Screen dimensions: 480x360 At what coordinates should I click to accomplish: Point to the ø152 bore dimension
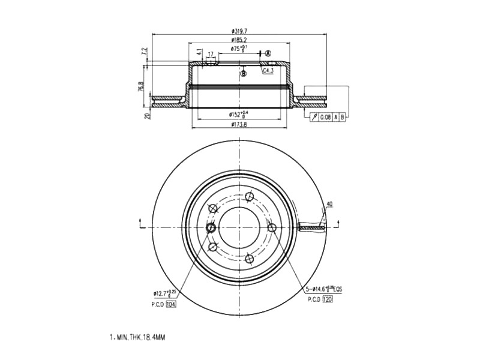tap(238, 114)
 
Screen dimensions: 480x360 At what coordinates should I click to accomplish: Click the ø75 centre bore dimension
tap(239, 49)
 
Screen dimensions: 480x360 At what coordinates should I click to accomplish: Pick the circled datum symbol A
tap(268, 53)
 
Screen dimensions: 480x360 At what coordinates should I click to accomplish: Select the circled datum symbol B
tap(244, 74)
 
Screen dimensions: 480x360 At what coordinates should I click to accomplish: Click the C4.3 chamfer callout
tap(268, 71)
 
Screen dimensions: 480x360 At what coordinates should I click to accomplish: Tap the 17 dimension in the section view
tap(210, 55)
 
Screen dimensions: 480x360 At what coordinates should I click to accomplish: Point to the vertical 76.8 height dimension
tap(141, 86)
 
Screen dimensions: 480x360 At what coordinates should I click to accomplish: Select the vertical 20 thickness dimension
tap(147, 115)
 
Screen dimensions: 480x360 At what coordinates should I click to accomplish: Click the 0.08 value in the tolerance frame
tap(325, 116)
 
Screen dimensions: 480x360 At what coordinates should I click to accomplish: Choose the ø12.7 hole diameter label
tap(163, 293)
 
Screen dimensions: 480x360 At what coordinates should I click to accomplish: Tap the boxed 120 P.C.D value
tap(328, 299)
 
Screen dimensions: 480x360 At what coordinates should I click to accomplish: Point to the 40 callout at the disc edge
tap(329, 205)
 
